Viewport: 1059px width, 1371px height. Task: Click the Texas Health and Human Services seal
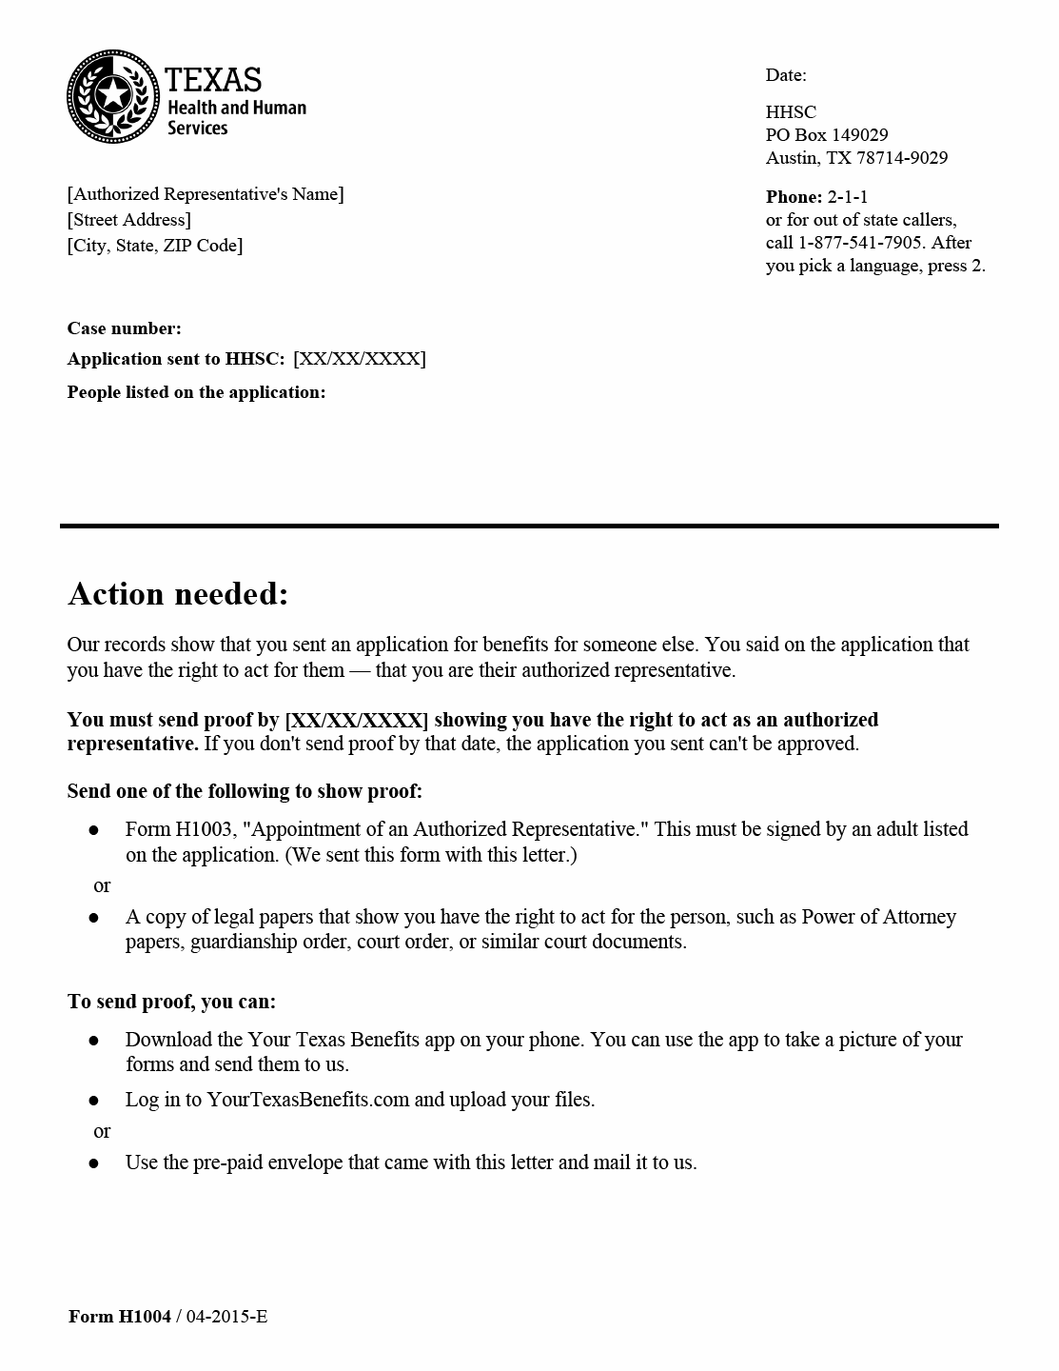click(112, 95)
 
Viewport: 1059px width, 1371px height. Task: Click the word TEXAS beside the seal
click(213, 78)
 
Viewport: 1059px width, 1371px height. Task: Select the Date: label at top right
click(786, 75)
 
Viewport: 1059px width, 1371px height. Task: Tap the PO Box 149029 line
click(827, 135)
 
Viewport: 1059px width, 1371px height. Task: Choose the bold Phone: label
click(794, 197)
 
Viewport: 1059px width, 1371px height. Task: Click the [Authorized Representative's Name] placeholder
click(206, 194)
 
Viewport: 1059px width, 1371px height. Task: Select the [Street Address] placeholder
click(129, 220)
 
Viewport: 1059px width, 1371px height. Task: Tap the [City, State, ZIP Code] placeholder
click(155, 246)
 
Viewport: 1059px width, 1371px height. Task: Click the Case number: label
click(124, 328)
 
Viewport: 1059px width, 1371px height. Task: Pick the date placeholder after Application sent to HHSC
click(360, 359)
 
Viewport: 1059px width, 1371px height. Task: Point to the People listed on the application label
click(196, 392)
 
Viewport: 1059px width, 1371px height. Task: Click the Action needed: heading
click(178, 594)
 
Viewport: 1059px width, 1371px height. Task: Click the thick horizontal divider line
click(529, 526)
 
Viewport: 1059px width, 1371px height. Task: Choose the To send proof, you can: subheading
click(171, 1002)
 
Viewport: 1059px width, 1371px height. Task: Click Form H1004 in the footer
click(120, 1317)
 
